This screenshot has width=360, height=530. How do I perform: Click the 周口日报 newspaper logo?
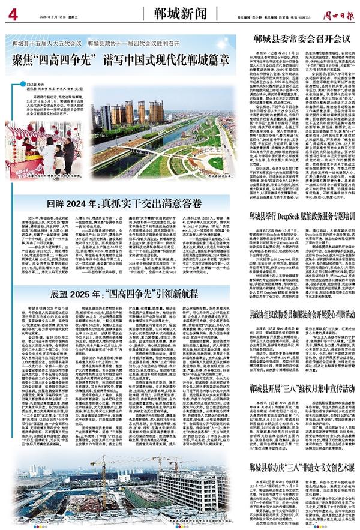click(335, 8)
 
